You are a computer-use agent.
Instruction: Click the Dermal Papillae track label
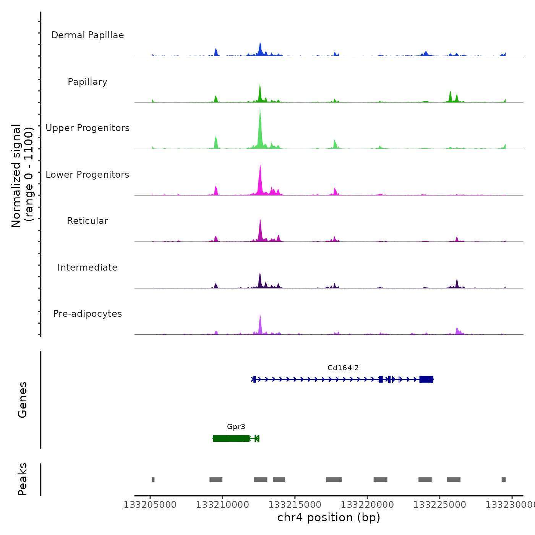[x=88, y=35]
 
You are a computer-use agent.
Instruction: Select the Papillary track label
[x=88, y=82]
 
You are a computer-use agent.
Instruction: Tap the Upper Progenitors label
[x=88, y=128]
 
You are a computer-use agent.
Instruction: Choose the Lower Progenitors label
[x=88, y=175]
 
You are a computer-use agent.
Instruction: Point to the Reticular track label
[x=88, y=221]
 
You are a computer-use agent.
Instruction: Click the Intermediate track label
[x=88, y=267]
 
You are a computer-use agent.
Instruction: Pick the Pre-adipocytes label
[x=88, y=314]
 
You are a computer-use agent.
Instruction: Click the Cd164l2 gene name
[x=343, y=368]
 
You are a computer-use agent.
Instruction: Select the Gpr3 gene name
[x=236, y=427]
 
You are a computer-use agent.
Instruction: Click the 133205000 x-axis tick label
[x=150, y=505]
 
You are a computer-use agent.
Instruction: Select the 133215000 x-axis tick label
[x=295, y=505]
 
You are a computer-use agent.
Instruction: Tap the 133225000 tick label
[x=439, y=505]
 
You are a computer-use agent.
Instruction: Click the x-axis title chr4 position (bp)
[x=329, y=517]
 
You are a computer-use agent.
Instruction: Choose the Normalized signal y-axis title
[x=22, y=176]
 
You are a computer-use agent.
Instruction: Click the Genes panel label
[x=23, y=400]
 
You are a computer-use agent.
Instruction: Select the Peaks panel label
[x=23, y=479]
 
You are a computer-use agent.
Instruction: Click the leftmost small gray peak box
[x=153, y=480]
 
